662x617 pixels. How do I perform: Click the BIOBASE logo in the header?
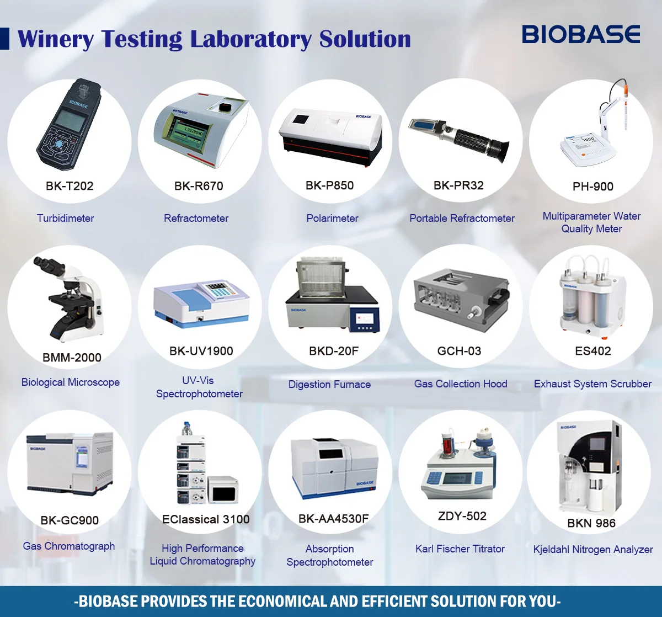[x=581, y=34]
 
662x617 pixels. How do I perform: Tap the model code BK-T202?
[x=70, y=186]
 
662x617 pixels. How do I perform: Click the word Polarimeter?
[x=332, y=218]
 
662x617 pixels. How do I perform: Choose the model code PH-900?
[x=592, y=187]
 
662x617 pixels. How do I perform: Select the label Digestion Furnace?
[x=329, y=384]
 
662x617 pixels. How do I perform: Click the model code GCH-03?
[x=459, y=351]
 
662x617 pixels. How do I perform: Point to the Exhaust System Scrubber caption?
[x=592, y=384]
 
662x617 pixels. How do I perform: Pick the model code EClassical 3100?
[x=206, y=519]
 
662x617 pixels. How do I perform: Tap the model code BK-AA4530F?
[x=333, y=519]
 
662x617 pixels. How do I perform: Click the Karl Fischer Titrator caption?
[x=460, y=549]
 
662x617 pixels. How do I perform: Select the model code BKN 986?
[x=591, y=523]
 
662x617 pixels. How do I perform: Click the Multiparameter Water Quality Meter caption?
[x=591, y=222]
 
